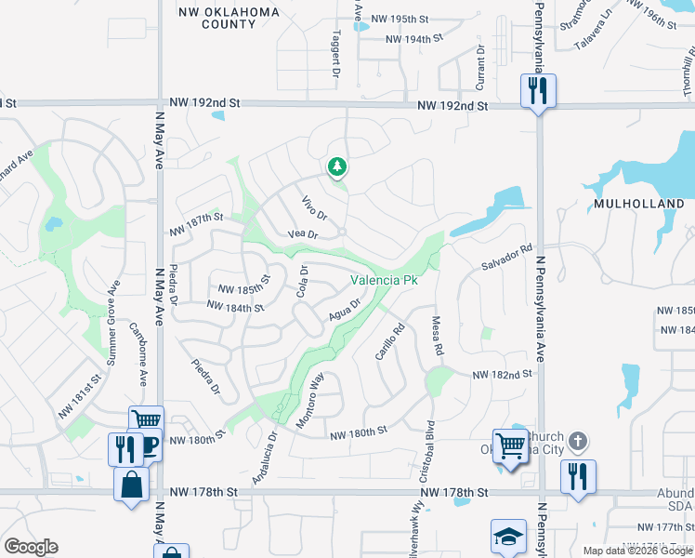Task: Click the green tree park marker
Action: [337, 167]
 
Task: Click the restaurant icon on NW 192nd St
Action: [537, 90]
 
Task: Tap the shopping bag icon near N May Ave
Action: [132, 484]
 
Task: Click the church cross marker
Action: [577, 440]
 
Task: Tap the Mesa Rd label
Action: [437, 335]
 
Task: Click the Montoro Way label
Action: [309, 402]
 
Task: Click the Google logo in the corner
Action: [31, 547]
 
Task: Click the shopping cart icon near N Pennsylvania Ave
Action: [510, 445]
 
